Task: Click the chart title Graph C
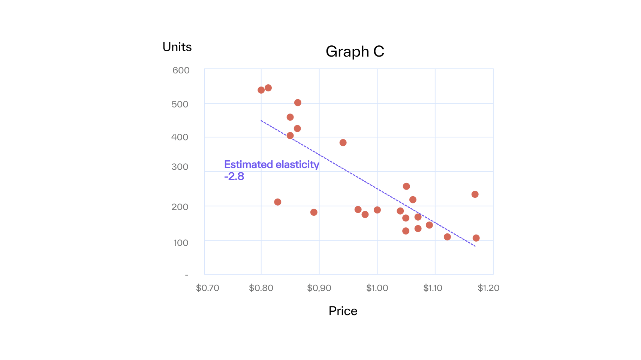tap(355, 51)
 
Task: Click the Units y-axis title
tap(177, 47)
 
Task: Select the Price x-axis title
tap(343, 311)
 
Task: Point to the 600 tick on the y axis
tap(181, 70)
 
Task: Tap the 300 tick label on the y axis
tap(180, 167)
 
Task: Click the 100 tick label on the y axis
tap(181, 243)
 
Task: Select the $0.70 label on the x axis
tap(207, 288)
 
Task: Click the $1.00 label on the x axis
tap(377, 288)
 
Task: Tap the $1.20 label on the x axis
tap(488, 288)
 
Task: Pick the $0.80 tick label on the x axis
tap(261, 288)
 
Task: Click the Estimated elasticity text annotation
tap(271, 164)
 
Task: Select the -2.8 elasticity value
tap(234, 176)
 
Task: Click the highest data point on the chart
tap(268, 88)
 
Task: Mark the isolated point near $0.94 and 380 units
tap(343, 143)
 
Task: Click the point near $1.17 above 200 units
tap(475, 194)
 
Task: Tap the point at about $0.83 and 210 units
tap(278, 202)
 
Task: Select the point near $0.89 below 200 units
tap(314, 212)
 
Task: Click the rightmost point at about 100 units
tap(476, 238)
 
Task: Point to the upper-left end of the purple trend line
tap(261, 121)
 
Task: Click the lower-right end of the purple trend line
tap(475, 246)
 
